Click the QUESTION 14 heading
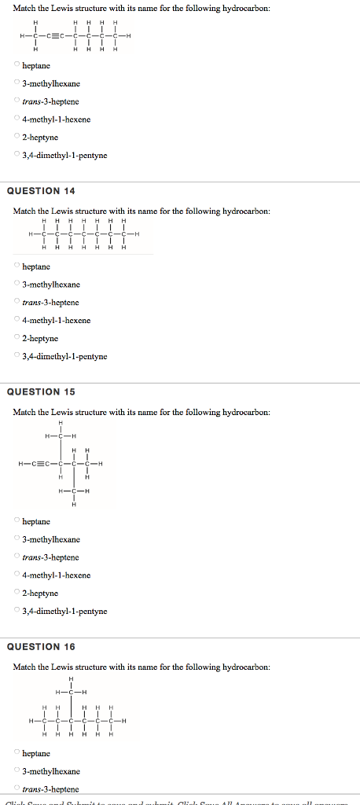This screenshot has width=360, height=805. point(41,191)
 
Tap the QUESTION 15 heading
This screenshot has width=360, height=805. point(41,391)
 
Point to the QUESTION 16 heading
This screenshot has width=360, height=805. point(41,647)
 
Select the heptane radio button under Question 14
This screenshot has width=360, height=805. point(17,266)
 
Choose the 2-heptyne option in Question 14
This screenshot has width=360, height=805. point(17,338)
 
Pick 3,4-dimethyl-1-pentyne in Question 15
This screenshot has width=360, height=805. point(17,611)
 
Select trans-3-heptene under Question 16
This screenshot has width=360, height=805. point(17,788)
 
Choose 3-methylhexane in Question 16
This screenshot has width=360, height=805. point(17,771)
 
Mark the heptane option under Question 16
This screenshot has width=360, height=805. point(17,753)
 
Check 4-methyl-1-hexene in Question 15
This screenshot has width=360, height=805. point(17,575)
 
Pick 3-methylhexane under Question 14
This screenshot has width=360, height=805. point(17,285)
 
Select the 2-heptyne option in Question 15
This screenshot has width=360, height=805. point(17,593)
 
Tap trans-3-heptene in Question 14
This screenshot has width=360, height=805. point(17,303)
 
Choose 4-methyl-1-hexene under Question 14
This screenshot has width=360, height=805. point(17,320)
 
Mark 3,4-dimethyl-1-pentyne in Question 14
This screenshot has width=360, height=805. point(17,356)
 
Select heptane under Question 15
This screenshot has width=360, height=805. point(17,521)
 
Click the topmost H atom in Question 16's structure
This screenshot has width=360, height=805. point(72,679)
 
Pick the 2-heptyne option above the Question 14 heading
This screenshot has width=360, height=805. point(17,138)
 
